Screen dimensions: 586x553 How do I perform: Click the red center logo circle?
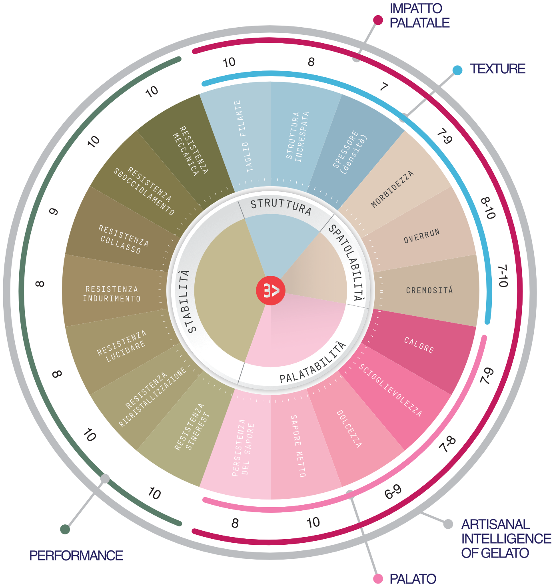coord(271,291)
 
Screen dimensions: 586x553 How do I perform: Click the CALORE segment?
coord(419,345)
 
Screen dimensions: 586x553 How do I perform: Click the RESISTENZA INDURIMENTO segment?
coord(112,294)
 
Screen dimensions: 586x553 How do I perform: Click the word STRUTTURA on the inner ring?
coord(281,207)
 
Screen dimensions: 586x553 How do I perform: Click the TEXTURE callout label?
coord(497,69)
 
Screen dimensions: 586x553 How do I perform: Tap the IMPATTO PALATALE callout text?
coord(419,16)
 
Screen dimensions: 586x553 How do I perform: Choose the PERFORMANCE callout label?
coord(76,556)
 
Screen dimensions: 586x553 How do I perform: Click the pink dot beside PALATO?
coord(378,578)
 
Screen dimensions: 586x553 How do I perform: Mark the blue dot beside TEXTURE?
coord(457,70)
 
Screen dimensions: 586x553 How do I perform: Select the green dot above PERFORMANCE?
coord(65,529)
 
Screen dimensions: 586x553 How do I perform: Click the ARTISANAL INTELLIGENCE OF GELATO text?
coord(506,538)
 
